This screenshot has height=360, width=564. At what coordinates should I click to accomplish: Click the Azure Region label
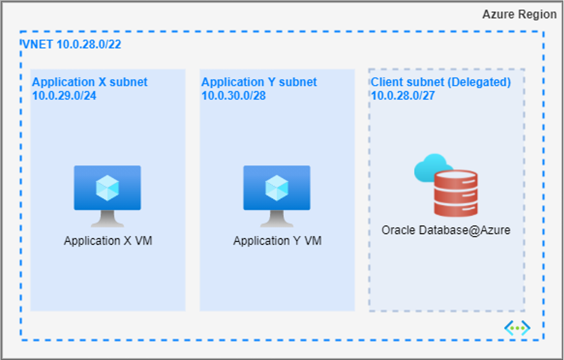point(519,14)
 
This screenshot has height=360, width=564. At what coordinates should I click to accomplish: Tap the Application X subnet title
point(90,82)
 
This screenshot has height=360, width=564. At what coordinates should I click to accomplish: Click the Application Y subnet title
point(259,82)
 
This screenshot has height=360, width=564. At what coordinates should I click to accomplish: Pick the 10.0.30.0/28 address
point(234,95)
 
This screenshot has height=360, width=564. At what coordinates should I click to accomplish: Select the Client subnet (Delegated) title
point(441,82)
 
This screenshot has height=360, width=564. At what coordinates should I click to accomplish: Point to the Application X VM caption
point(108,241)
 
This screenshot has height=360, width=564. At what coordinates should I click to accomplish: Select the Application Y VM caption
point(277,241)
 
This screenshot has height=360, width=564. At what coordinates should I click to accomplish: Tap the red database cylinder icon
point(456,193)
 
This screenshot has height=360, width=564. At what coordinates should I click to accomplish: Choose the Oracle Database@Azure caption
point(446,230)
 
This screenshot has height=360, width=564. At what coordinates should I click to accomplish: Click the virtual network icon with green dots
point(517,328)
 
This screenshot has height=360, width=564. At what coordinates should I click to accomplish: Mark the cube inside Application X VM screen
point(107,187)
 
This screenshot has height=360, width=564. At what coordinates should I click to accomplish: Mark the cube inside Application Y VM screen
point(276,187)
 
